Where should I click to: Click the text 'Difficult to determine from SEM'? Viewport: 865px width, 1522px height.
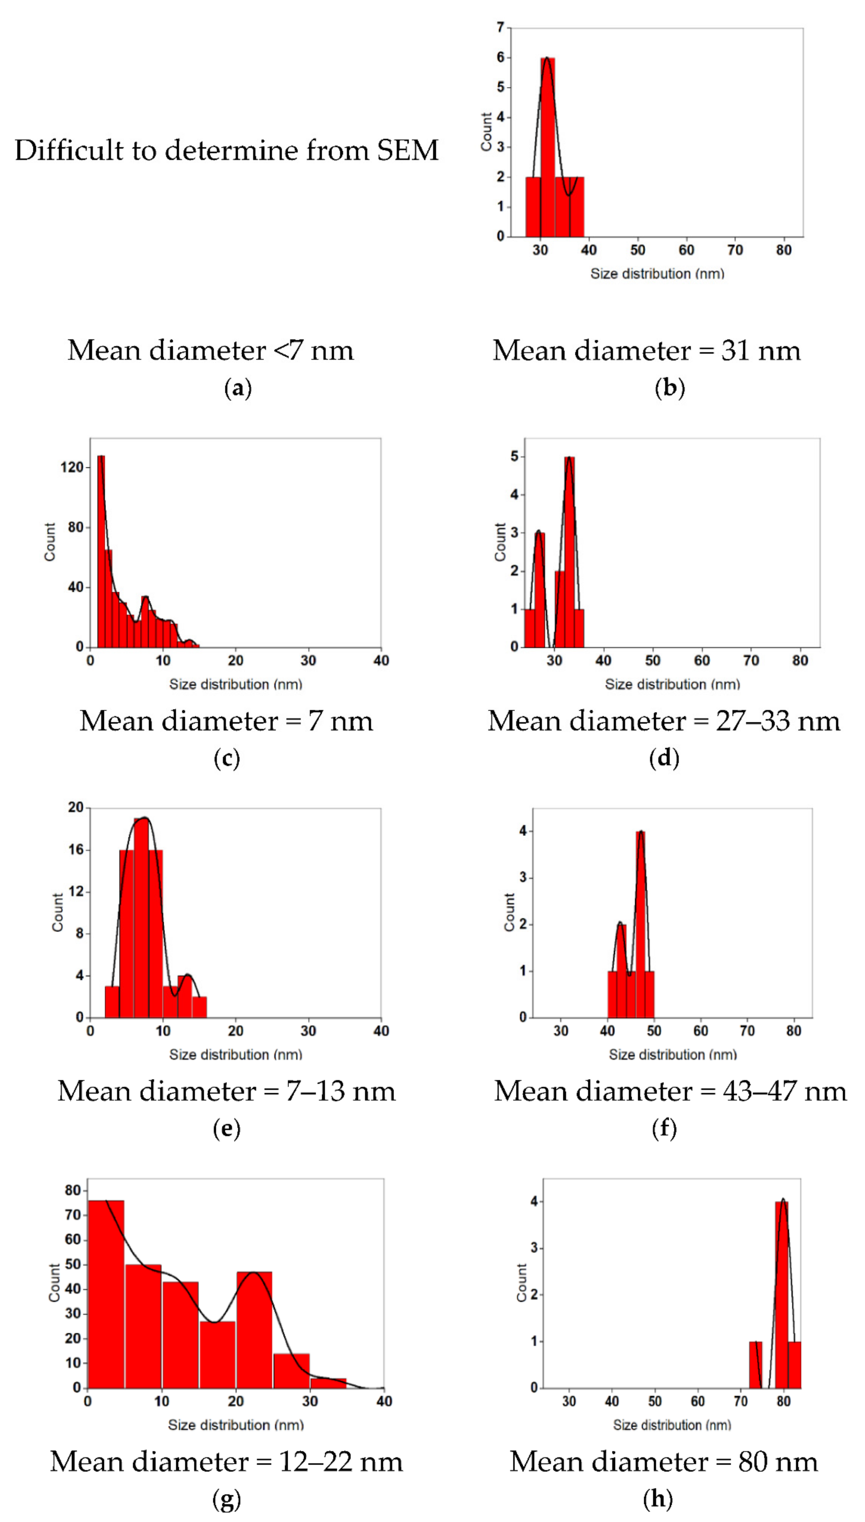[226, 150]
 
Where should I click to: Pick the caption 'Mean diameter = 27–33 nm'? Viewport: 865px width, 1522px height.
[664, 721]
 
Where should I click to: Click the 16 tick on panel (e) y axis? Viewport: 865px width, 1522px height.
[76, 850]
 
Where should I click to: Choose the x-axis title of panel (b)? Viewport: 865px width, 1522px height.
[657, 274]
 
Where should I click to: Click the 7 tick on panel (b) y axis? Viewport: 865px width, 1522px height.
[500, 27]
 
